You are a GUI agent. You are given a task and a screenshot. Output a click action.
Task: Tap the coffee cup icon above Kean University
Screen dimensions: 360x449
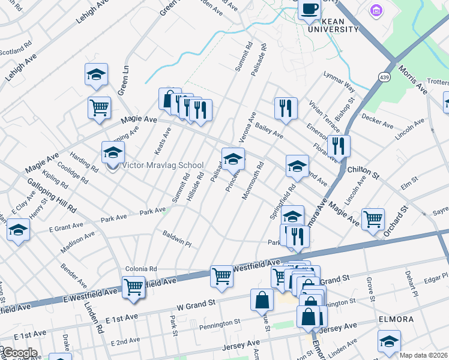coord(310,10)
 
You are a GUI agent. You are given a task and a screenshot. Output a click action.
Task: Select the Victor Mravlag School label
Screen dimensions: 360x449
coord(163,166)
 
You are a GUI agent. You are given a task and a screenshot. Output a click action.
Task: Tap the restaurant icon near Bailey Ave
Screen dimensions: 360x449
coord(285,108)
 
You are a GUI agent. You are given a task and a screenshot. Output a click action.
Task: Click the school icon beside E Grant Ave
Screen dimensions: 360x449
coord(19,230)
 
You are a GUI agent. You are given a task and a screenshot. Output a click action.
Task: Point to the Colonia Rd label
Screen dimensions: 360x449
coord(141,269)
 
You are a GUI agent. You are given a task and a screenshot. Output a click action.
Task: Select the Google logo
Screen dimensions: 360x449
coord(20,352)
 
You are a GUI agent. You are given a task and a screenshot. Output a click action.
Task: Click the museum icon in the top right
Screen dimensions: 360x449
coord(377,11)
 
